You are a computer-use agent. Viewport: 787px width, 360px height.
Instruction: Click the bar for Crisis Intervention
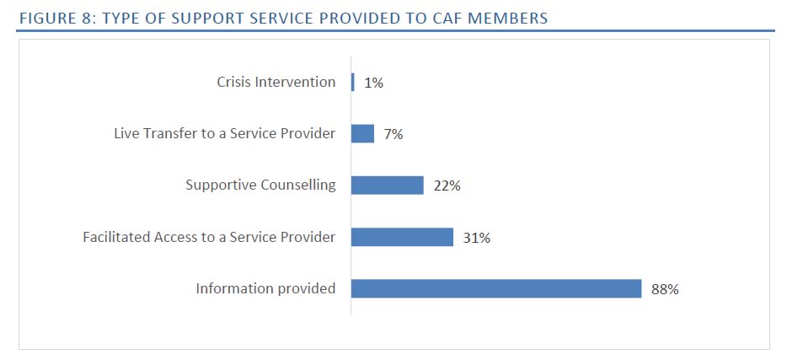(x=353, y=82)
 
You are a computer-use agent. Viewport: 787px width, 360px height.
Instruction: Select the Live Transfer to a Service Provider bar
(x=362, y=133)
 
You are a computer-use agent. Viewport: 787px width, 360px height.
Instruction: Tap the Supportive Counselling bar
(x=387, y=185)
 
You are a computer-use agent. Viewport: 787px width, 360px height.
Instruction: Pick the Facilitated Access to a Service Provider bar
(x=402, y=237)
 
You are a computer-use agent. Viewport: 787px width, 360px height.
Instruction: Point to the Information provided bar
(x=496, y=288)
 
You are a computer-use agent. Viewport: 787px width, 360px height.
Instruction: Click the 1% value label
(x=374, y=83)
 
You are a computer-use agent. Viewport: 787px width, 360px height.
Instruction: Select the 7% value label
(x=393, y=134)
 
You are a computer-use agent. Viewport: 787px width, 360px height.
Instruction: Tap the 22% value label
(x=447, y=185)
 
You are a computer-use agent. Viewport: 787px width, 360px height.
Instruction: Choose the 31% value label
(x=477, y=238)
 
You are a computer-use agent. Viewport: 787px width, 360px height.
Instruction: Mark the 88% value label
(x=665, y=289)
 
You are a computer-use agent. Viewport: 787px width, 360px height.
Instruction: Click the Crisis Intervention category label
(x=276, y=83)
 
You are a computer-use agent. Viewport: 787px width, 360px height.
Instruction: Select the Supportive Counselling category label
(x=260, y=185)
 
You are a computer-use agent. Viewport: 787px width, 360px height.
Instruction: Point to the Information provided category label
(x=265, y=288)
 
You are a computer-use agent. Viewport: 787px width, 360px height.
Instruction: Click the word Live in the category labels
(x=127, y=133)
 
